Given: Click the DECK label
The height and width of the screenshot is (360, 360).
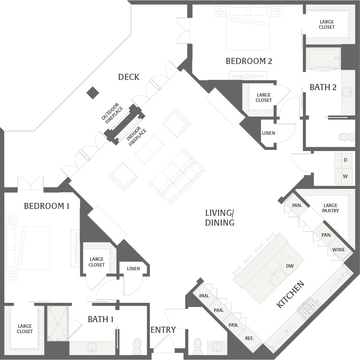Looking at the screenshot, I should [x=129, y=77].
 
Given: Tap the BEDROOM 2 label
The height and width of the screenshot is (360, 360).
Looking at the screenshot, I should [x=249, y=61].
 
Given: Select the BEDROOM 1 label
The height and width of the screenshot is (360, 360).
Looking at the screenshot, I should [x=47, y=206].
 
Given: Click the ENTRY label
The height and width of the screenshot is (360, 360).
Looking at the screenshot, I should [x=163, y=330].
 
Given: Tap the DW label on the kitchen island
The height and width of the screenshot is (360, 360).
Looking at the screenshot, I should [x=290, y=266].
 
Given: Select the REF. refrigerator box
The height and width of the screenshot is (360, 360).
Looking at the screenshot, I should [x=249, y=338].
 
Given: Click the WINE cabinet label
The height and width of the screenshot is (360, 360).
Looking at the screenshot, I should [x=338, y=249].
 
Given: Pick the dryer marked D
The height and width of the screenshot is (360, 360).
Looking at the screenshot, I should [x=345, y=160].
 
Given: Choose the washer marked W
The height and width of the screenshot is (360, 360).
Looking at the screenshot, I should [x=345, y=176].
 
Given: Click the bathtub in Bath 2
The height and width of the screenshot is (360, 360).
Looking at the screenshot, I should [x=323, y=58].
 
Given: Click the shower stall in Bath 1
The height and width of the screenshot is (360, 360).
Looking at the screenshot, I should [x=58, y=323].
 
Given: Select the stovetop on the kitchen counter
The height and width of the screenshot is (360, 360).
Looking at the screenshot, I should [x=309, y=307].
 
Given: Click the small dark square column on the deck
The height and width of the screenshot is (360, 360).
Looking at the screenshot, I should [x=92, y=93].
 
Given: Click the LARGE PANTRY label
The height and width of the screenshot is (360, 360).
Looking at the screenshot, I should [x=330, y=208].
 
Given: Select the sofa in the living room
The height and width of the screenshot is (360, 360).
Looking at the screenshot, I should [x=177, y=177].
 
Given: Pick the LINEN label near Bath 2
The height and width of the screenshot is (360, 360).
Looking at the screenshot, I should [x=268, y=133].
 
